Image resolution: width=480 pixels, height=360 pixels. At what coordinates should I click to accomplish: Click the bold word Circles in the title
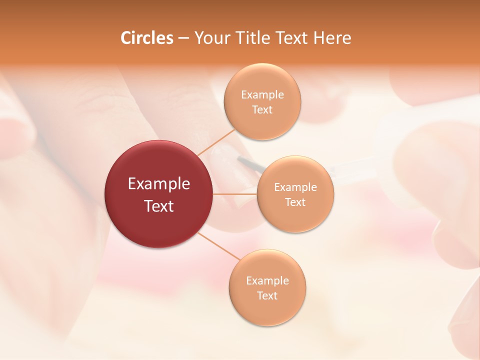[147, 38]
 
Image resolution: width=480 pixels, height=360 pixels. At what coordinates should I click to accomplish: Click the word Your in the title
[210, 38]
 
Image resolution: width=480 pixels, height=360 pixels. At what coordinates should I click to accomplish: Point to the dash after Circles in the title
[183, 38]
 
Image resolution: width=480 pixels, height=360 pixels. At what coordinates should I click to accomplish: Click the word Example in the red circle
[159, 184]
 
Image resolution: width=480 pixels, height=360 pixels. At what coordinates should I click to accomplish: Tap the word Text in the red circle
[159, 206]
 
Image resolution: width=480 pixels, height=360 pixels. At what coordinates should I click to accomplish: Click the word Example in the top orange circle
[262, 95]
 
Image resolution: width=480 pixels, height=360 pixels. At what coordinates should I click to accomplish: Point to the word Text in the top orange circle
[262, 110]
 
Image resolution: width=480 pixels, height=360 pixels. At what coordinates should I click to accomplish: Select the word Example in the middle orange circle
[295, 187]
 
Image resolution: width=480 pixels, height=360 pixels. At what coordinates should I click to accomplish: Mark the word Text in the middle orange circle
[295, 202]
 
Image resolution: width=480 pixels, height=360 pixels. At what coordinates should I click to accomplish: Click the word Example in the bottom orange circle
[267, 281]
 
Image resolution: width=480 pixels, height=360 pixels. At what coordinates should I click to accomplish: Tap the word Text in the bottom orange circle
[267, 296]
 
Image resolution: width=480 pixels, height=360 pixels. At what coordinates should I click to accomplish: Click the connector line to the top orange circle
[216, 142]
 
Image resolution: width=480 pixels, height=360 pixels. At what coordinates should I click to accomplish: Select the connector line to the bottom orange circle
[218, 246]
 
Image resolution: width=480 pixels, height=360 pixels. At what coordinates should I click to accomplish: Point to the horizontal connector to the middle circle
[235, 194]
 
